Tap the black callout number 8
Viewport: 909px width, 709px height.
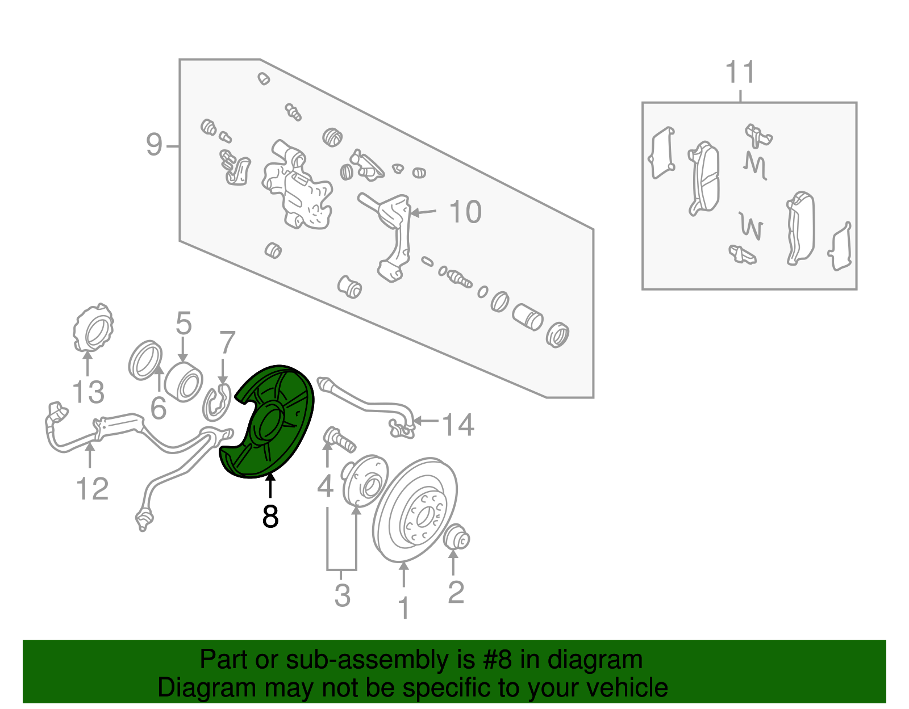tap(270, 517)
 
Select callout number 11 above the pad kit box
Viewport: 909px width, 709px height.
tap(740, 72)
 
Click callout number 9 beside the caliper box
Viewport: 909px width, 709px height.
tap(154, 145)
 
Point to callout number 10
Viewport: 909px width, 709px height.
tap(465, 212)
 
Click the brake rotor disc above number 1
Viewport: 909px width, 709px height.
tap(415, 510)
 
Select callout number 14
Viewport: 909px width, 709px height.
tap(458, 425)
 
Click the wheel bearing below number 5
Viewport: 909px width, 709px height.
tap(184, 381)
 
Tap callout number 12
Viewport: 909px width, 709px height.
tap(93, 488)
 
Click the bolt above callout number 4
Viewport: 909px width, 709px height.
tap(339, 440)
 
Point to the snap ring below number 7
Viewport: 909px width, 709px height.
tap(217, 403)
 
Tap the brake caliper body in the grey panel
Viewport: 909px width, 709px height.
tap(297, 186)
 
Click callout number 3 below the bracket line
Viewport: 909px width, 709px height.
tap(342, 595)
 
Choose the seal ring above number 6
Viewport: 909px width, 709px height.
tap(145, 360)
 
